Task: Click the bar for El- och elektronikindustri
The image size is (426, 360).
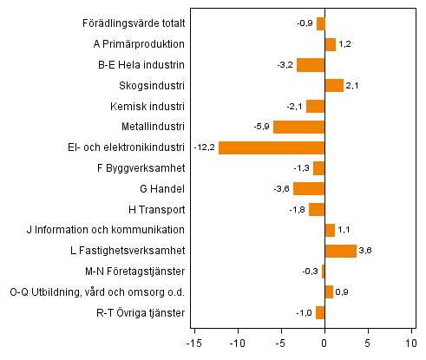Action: click(272, 147)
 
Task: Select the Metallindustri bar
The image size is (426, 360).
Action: click(298, 127)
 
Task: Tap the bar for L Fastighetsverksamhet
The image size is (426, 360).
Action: click(340, 251)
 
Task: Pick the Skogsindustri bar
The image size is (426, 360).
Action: click(334, 85)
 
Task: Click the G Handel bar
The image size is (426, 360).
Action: click(309, 188)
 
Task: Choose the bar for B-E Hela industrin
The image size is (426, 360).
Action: click(311, 64)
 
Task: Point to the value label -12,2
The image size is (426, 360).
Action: click(205, 147)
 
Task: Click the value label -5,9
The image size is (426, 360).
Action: click(261, 127)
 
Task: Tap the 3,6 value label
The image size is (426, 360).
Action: click(366, 251)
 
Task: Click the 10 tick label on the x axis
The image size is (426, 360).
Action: click(411, 341)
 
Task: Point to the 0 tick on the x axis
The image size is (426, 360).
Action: click(324, 341)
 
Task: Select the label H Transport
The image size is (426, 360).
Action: click(156, 209)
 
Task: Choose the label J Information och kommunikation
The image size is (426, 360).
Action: click(115, 230)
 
